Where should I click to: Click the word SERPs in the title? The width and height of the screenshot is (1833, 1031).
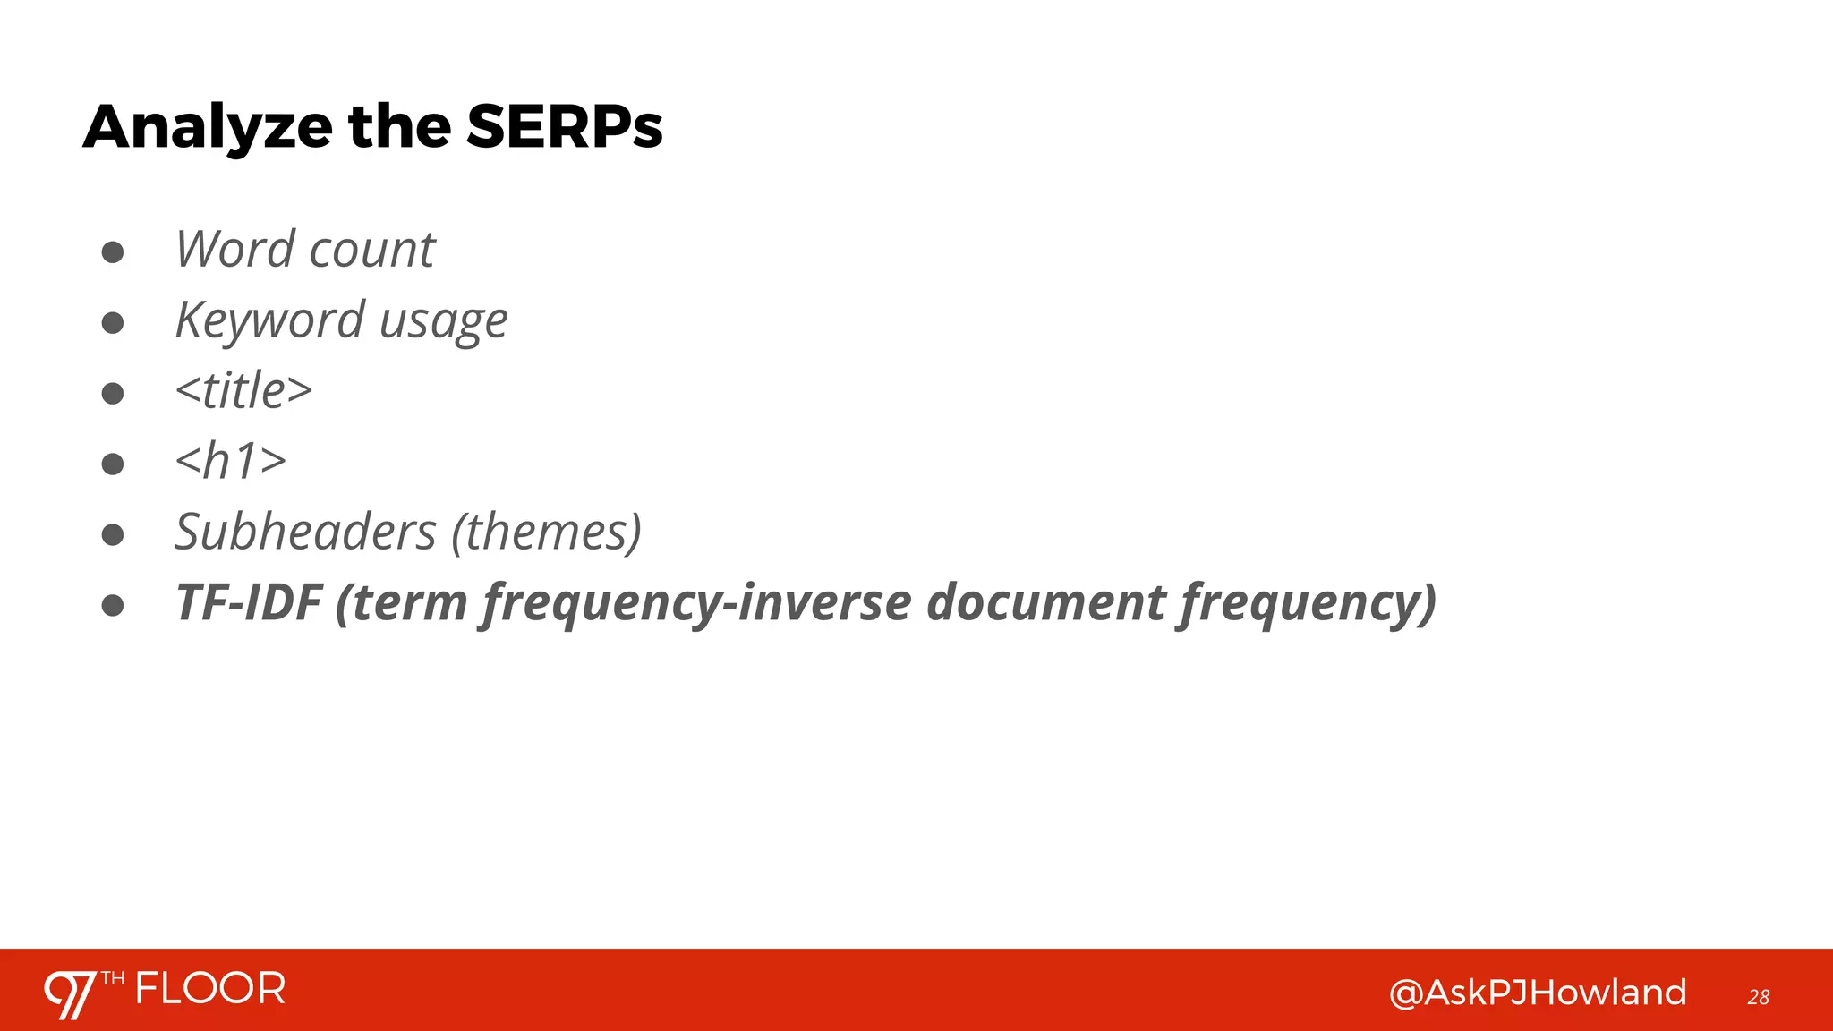point(564,127)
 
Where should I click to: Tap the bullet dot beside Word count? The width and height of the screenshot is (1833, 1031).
point(113,252)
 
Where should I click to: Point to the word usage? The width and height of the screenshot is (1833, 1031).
point(443,322)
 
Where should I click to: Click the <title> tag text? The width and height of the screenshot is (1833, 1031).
point(243,391)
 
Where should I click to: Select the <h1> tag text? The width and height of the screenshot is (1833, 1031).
point(231,462)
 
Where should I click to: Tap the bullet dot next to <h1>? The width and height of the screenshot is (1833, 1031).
point(113,464)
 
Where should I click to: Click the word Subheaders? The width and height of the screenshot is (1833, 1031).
point(305,533)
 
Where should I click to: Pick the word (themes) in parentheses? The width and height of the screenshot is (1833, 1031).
point(546,533)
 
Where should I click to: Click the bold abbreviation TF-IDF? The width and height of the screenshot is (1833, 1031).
point(249,602)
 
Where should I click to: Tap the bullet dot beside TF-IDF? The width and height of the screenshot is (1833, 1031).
point(113,606)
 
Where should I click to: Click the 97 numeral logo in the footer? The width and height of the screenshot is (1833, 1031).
point(70,993)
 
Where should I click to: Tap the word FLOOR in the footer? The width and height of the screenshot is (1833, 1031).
point(210,989)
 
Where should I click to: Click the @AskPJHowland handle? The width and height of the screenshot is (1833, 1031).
point(1537,993)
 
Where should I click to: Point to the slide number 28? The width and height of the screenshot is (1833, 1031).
point(1758,997)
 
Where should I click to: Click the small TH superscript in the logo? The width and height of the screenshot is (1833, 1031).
point(113,978)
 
